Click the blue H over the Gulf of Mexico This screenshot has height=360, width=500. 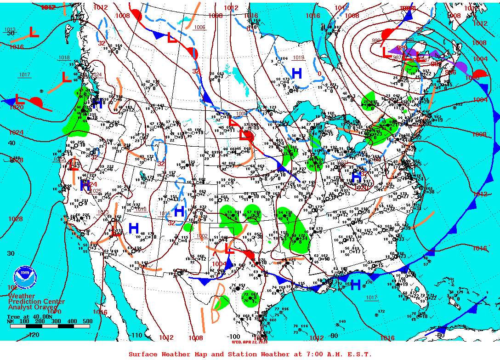(x=355, y=285)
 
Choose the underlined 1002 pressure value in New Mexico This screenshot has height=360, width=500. (x=201, y=236)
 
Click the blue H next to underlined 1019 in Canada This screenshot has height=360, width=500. (x=296, y=73)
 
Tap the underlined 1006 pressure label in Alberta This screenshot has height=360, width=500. (x=199, y=27)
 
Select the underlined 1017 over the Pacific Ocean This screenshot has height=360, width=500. (x=24, y=74)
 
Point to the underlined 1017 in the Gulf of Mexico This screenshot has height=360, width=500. (x=371, y=298)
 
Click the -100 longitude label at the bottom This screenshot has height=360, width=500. (x=233, y=337)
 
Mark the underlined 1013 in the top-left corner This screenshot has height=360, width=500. (x=10, y=29)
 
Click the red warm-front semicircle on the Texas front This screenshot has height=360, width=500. (x=248, y=254)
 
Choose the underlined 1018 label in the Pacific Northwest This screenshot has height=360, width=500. (x=64, y=57)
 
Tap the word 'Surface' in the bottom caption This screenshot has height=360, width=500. (x=143, y=354)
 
